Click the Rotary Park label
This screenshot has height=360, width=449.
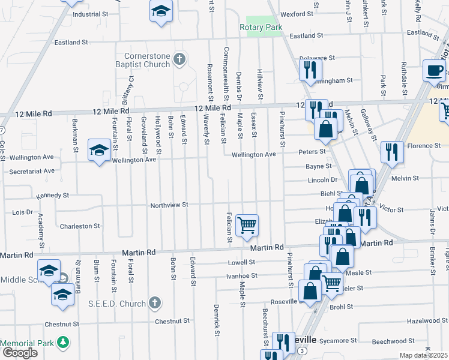pos(261,27)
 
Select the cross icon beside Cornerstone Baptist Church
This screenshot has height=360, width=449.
pos(178,59)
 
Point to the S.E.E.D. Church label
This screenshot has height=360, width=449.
pos(124,304)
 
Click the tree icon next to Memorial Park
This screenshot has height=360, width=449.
pos(62,343)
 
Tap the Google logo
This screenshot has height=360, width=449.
pos(19,353)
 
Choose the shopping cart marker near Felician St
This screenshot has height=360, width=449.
pos(247,226)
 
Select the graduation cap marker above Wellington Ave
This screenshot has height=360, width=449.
pos(99,149)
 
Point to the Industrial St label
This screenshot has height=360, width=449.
pos(89,14)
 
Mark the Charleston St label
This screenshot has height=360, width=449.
pos(79,226)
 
